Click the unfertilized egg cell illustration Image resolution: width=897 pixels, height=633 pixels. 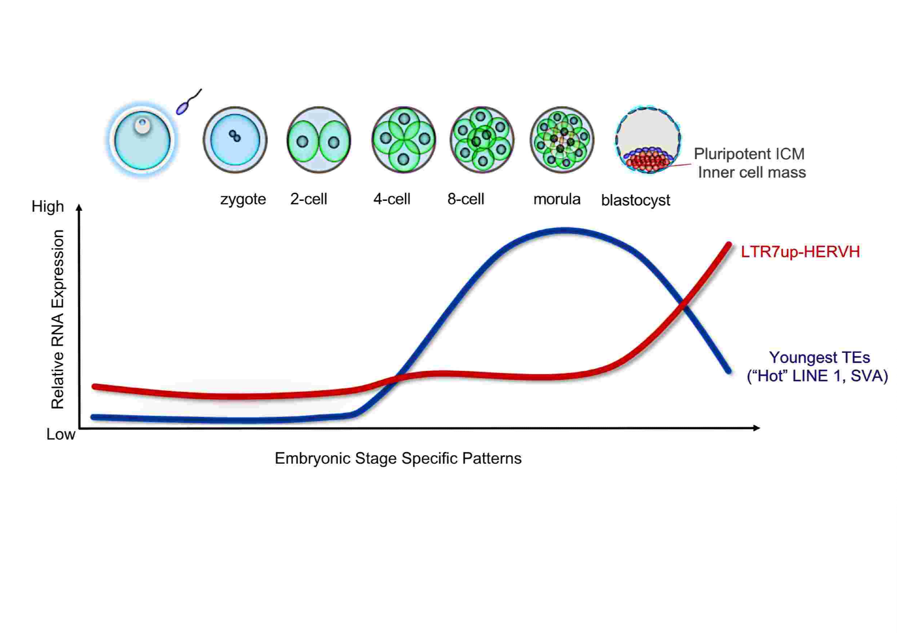click(x=142, y=140)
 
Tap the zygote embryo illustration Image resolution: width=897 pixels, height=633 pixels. click(x=235, y=139)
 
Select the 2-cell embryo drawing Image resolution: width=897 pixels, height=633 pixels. click(x=319, y=140)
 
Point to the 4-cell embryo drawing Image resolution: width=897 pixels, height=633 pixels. click(x=403, y=139)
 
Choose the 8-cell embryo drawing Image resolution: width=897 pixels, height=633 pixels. click(x=482, y=139)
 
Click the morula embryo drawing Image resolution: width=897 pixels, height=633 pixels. click(x=562, y=139)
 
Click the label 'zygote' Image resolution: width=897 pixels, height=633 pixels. click(x=243, y=199)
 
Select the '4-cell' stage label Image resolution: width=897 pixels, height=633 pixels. click(x=392, y=199)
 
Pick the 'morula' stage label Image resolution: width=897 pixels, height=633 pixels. click(x=556, y=199)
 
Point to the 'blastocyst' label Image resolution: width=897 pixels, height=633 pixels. click(x=635, y=200)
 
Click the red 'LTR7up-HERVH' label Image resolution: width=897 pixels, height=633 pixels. click(x=800, y=252)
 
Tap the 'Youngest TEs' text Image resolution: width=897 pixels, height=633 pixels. click(x=819, y=357)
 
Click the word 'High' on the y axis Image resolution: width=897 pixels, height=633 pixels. click(x=48, y=207)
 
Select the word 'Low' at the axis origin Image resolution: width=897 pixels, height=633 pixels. click(x=61, y=434)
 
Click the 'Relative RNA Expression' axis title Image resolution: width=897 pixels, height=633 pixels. click(x=57, y=319)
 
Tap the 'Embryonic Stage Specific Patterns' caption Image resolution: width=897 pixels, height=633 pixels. click(x=398, y=458)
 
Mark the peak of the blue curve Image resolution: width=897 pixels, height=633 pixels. click(x=564, y=231)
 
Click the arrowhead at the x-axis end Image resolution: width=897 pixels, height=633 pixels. click(x=757, y=428)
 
